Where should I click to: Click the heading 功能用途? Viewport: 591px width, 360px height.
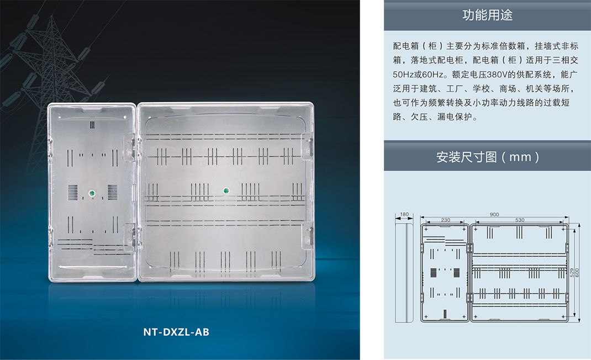pyautogui.click(x=487, y=15)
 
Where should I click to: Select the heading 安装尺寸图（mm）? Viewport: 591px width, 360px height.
pyautogui.click(x=488, y=157)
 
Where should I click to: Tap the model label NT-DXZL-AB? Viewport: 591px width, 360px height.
pyautogui.click(x=176, y=332)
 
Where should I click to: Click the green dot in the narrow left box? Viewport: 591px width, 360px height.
pyautogui.click(x=92, y=193)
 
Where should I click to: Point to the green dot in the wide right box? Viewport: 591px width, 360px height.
pyautogui.click(x=226, y=190)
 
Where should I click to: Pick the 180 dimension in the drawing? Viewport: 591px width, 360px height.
pyautogui.click(x=404, y=214)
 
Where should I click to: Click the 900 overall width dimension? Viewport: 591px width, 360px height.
pyautogui.click(x=494, y=214)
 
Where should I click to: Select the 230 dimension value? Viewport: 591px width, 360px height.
pyautogui.click(x=445, y=220)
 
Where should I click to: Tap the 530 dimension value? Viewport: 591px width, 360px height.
pyautogui.click(x=520, y=220)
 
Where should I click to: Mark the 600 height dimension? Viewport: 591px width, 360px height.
pyautogui.click(x=577, y=273)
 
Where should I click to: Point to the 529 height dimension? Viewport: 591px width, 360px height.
pyautogui.click(x=572, y=273)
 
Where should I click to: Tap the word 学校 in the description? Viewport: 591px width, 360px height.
pyautogui.click(x=482, y=88)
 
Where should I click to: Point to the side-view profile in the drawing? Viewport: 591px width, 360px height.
pyautogui.click(x=404, y=272)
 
